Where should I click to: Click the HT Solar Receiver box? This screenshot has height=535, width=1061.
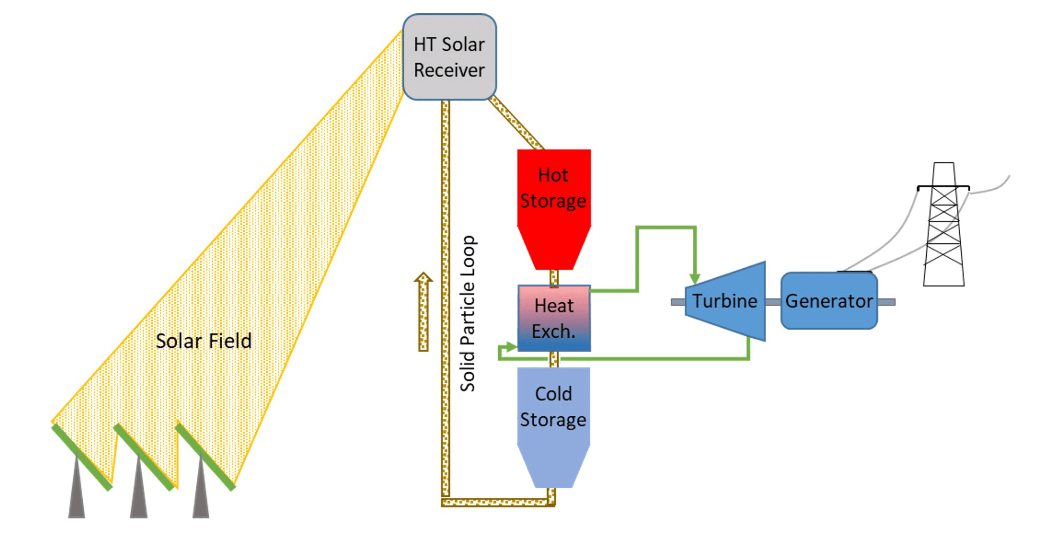[x=449, y=57]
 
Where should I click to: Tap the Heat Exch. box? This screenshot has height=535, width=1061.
[x=554, y=318]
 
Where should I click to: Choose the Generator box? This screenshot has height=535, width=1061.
[x=829, y=301]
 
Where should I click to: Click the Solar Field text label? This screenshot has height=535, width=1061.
[x=203, y=341]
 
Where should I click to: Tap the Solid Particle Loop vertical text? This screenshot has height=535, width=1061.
[x=467, y=313]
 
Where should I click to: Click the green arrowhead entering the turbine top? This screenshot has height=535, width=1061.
[x=694, y=278]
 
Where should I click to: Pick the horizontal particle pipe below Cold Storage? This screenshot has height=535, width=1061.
[x=496, y=502]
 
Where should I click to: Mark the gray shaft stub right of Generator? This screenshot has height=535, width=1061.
[x=886, y=302]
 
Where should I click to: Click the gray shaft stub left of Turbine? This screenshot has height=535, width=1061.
[x=677, y=302]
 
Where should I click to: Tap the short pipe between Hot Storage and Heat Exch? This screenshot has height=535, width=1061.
[x=554, y=277]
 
